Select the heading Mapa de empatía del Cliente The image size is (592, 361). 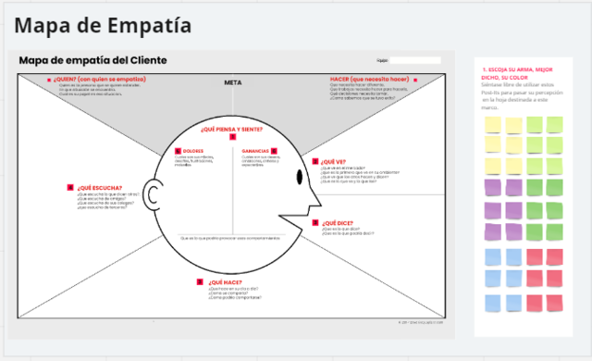[93, 60]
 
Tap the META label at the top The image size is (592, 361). [232, 82]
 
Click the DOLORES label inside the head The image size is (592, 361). [193, 150]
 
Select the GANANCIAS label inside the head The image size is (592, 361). [255, 150]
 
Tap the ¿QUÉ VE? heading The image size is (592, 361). [333, 161]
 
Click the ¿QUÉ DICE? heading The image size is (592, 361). [336, 222]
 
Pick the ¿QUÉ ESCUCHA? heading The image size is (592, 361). [99, 187]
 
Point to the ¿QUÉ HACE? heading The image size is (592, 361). [226, 281]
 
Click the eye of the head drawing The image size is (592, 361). [300, 177]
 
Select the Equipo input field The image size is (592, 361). [414, 60]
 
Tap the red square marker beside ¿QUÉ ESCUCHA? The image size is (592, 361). [70, 187]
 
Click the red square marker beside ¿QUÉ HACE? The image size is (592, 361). [200, 281]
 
